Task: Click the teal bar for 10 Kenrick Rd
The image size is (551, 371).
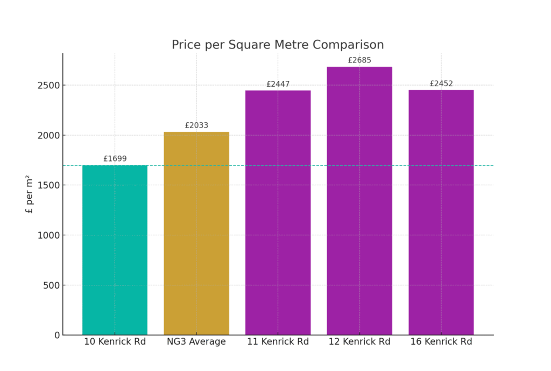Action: point(115,250)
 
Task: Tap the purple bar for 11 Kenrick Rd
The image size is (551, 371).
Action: point(278,213)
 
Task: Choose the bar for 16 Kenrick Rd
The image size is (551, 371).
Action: point(441,212)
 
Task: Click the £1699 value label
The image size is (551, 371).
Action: point(115,159)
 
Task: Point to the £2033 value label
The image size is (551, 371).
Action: point(196,125)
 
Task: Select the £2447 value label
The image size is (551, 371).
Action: point(278,84)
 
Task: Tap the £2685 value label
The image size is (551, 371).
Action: point(359,60)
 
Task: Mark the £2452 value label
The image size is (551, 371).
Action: point(441,83)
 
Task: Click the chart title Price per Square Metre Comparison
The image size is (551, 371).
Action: point(278,45)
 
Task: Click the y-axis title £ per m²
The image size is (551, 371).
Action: point(30,194)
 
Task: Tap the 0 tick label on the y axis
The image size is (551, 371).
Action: point(57,335)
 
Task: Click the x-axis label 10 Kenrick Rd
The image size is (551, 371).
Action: point(115,342)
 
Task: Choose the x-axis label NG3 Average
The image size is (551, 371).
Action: point(196,342)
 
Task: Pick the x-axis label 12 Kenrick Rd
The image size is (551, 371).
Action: point(359,342)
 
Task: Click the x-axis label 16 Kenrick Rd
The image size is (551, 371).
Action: point(441,342)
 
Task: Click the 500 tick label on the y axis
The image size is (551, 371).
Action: point(52,285)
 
